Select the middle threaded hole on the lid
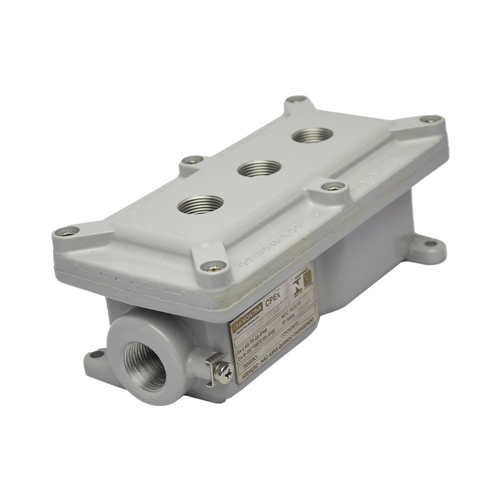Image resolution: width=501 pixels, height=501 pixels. (x=259, y=169)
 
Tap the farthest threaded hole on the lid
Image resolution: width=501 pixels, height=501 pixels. (x=313, y=135)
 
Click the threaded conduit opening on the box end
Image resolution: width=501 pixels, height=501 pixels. (x=145, y=366)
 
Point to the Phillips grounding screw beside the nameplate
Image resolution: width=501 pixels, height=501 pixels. (x=223, y=373)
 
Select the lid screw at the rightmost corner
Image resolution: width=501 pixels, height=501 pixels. (x=429, y=120)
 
